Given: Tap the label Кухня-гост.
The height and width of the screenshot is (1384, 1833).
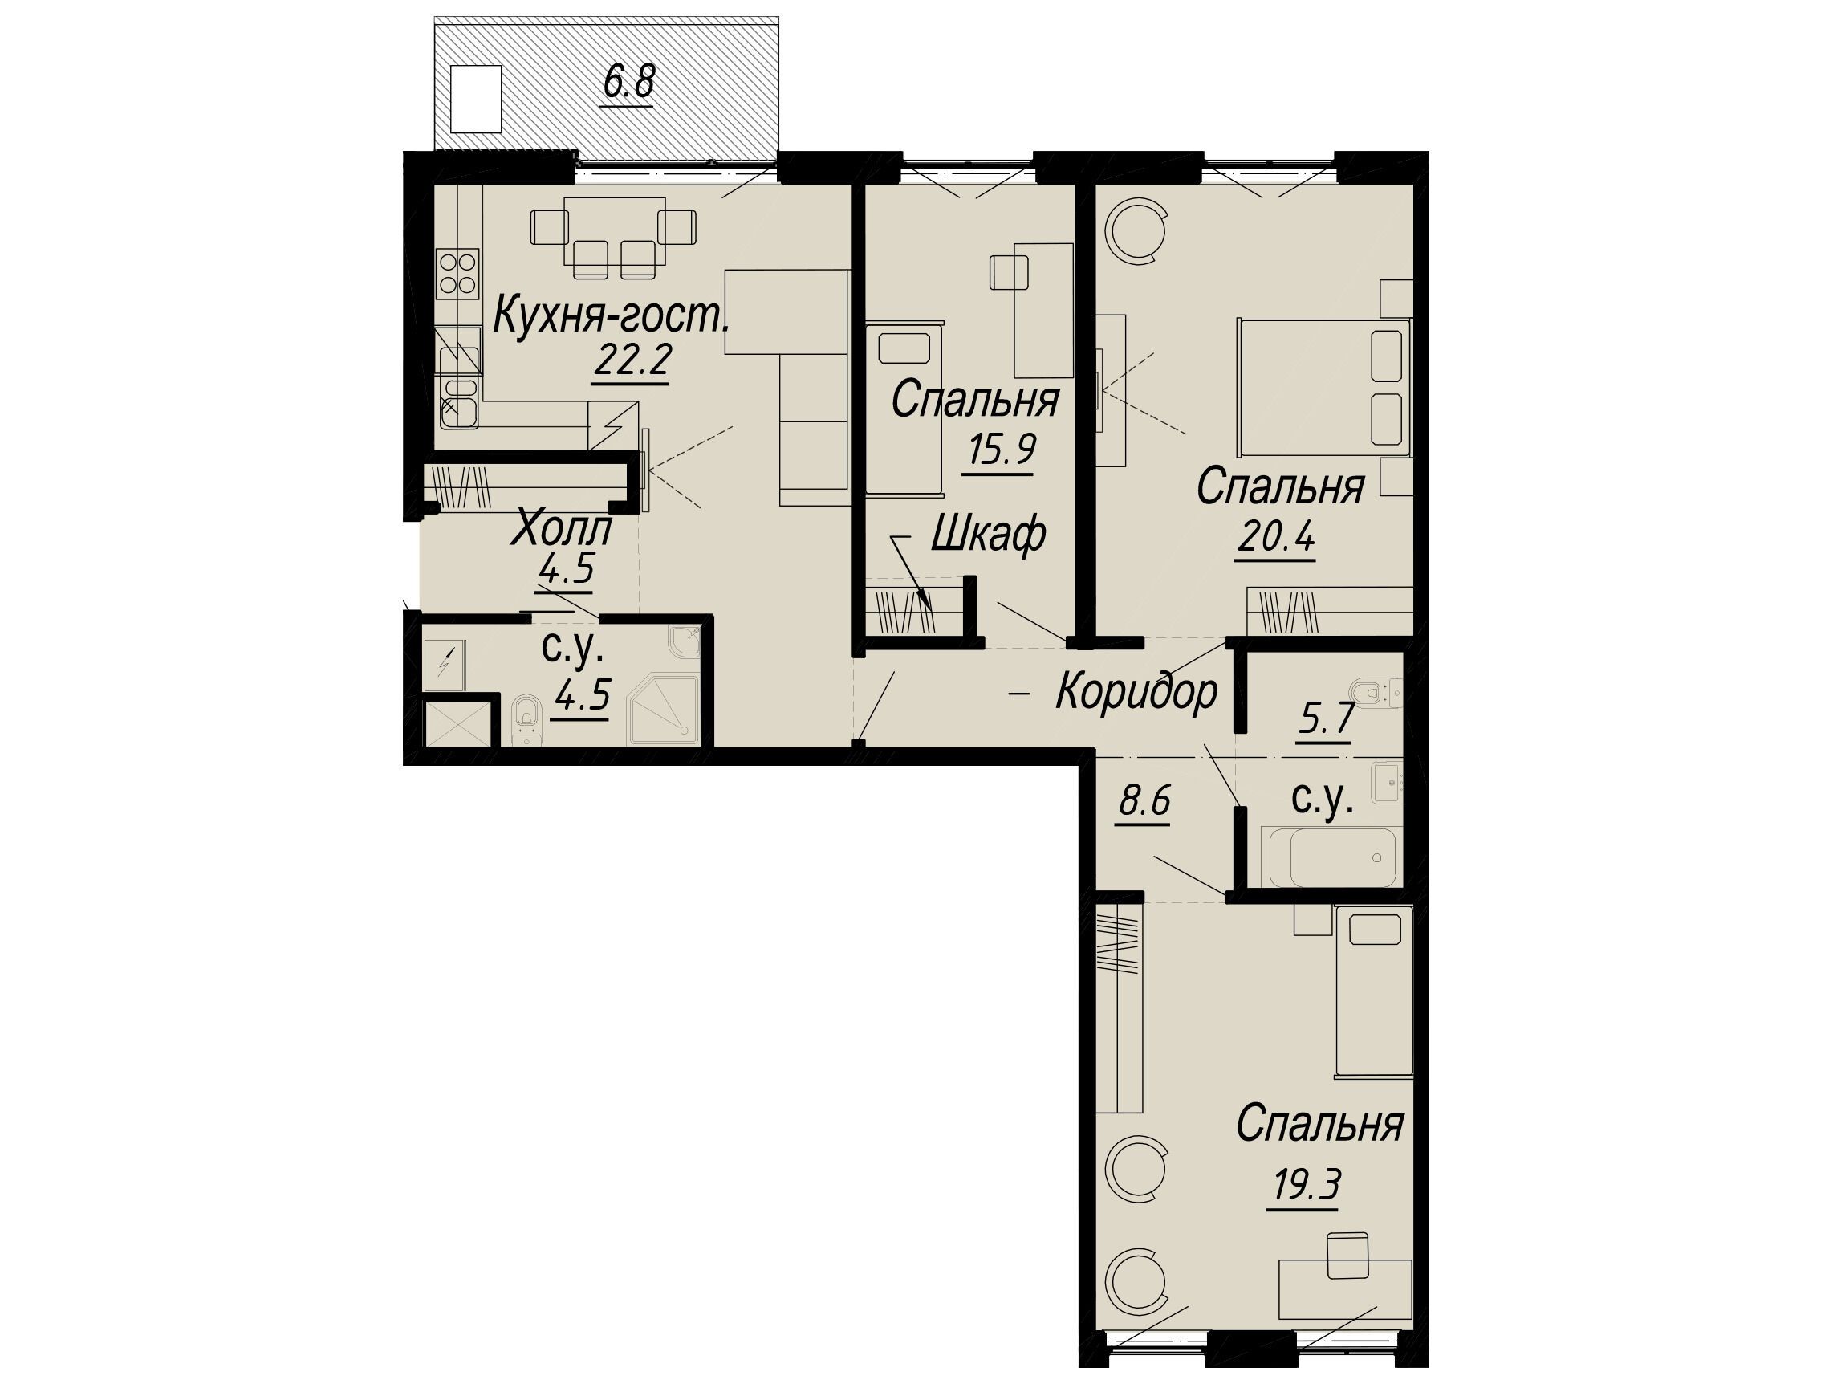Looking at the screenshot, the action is [x=612, y=315].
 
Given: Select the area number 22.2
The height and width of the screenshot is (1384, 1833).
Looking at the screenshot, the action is [x=632, y=360].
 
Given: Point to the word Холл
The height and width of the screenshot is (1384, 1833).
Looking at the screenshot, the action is [x=562, y=530].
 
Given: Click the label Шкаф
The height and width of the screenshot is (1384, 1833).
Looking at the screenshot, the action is [x=988, y=535].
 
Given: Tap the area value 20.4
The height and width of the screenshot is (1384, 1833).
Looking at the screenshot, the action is [x=1276, y=539].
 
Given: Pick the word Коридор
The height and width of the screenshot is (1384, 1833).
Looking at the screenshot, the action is [x=1137, y=691].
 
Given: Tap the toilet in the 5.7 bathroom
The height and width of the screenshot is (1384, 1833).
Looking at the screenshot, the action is [x=1376, y=692].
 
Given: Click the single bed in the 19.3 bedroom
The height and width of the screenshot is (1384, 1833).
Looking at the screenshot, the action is [x=1373, y=991].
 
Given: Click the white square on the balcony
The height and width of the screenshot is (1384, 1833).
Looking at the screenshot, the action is [x=476, y=99].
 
